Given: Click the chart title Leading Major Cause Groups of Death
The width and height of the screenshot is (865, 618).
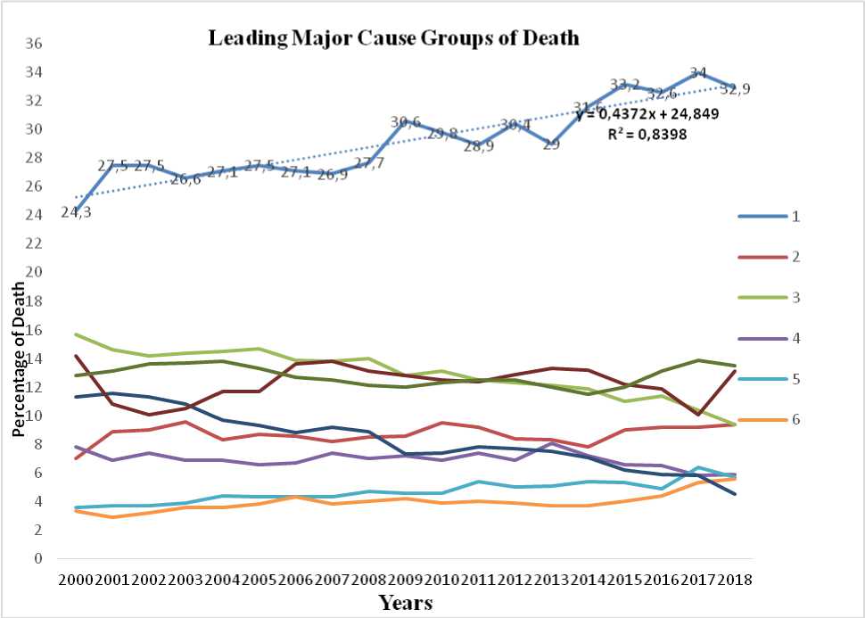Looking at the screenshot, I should (x=393, y=38).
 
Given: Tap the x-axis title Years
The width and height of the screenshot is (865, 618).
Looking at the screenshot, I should (x=405, y=602).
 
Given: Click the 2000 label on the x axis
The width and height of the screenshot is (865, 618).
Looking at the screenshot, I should (x=75, y=580).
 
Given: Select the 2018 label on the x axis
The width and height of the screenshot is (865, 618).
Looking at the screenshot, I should (x=733, y=580).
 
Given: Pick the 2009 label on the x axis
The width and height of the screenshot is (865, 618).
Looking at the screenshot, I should (x=404, y=580).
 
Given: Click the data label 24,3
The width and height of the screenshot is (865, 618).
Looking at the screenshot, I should (x=75, y=212).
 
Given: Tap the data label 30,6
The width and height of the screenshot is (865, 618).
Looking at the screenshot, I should (x=405, y=122).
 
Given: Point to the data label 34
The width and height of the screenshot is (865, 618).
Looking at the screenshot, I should (x=698, y=73).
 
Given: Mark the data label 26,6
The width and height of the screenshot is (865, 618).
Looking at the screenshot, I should (x=185, y=179).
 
